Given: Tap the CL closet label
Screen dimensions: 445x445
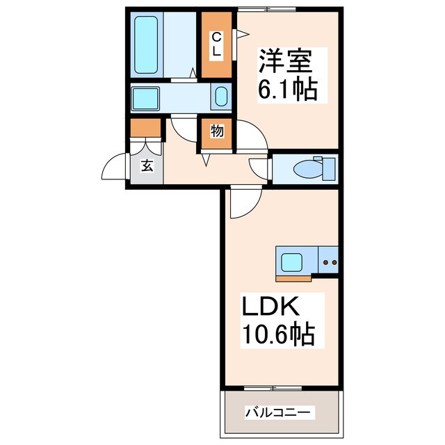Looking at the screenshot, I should (x=216, y=44).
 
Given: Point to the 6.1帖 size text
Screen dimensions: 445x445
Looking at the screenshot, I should (x=287, y=89).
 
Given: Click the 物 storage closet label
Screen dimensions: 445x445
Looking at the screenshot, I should (x=217, y=131).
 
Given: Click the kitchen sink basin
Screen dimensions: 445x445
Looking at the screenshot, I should (x=291, y=262).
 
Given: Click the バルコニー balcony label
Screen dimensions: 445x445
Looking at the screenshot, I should (x=279, y=413).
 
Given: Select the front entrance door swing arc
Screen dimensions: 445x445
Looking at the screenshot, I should (x=115, y=169).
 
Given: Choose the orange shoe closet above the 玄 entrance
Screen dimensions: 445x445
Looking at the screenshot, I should (x=146, y=128).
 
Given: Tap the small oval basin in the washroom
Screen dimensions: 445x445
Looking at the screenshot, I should (x=220, y=97).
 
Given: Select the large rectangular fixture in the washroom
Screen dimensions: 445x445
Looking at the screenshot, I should (x=148, y=97).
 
